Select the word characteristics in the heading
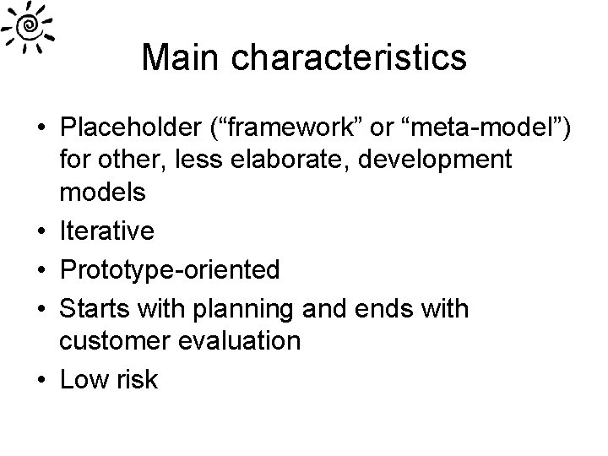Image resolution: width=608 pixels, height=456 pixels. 348,57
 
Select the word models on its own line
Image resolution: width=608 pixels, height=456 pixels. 103,191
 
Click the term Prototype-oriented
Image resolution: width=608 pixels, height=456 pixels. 170,270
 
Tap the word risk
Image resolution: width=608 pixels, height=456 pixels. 138,379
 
